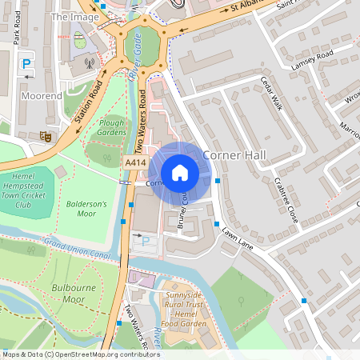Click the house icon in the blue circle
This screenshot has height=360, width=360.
[180, 172]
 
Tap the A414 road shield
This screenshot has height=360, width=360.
[136, 163]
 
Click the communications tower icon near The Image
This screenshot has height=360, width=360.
[89, 61]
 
